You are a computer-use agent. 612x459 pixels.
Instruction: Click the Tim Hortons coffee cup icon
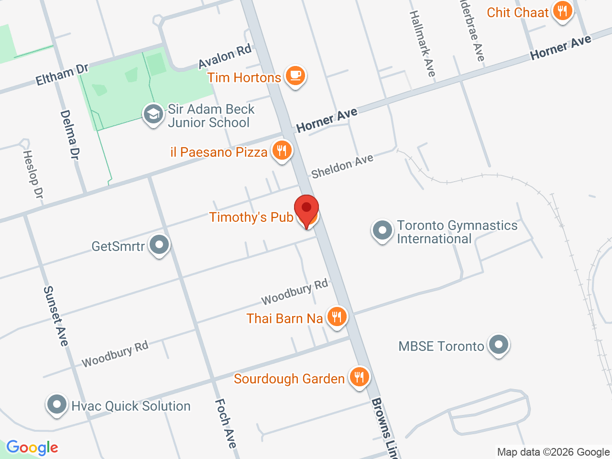(295, 76)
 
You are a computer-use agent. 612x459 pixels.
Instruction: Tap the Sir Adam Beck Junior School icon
(153, 115)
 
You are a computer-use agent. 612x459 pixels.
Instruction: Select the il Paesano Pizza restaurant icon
(282, 151)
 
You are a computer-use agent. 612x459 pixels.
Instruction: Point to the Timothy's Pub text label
(251, 217)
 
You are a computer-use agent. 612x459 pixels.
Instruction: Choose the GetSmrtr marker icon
(159, 245)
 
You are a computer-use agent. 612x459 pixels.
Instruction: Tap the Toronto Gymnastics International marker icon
(382, 231)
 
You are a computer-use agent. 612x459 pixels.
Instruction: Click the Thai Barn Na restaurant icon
(337, 317)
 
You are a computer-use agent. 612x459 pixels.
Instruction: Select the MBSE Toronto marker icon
(499, 345)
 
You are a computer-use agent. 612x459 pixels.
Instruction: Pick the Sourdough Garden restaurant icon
(359, 378)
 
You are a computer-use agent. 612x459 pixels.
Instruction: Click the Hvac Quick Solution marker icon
(57, 405)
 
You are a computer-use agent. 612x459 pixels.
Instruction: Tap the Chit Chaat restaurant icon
(563, 11)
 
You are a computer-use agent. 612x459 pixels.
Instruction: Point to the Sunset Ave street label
(56, 316)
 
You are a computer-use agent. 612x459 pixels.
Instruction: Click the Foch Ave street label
(226, 423)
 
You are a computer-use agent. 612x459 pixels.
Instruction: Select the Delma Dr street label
(70, 135)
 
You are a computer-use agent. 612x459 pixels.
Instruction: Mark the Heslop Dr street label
(33, 174)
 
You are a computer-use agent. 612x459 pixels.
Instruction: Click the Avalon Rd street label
(225, 57)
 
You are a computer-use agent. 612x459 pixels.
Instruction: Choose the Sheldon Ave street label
(342, 166)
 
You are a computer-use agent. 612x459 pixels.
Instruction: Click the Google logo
(32, 448)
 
